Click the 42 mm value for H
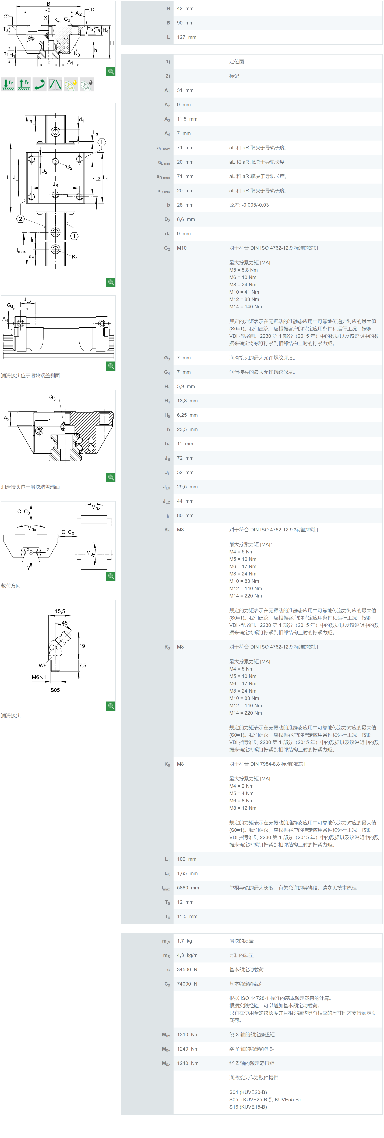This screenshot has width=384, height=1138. (185, 8)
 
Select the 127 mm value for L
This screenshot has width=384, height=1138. (186, 37)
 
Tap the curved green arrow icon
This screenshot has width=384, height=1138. (39, 84)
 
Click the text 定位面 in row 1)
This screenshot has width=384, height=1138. (236, 61)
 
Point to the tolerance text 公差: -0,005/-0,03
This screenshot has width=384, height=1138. (249, 205)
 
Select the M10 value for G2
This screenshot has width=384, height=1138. (182, 248)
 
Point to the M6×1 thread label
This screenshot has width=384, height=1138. (39, 677)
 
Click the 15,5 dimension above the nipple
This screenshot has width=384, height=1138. (60, 611)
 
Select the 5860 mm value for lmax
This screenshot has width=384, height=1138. (188, 888)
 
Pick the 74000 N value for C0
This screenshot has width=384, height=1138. (187, 984)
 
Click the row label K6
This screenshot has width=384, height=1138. (167, 764)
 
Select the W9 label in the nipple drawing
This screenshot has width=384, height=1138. (42, 665)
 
